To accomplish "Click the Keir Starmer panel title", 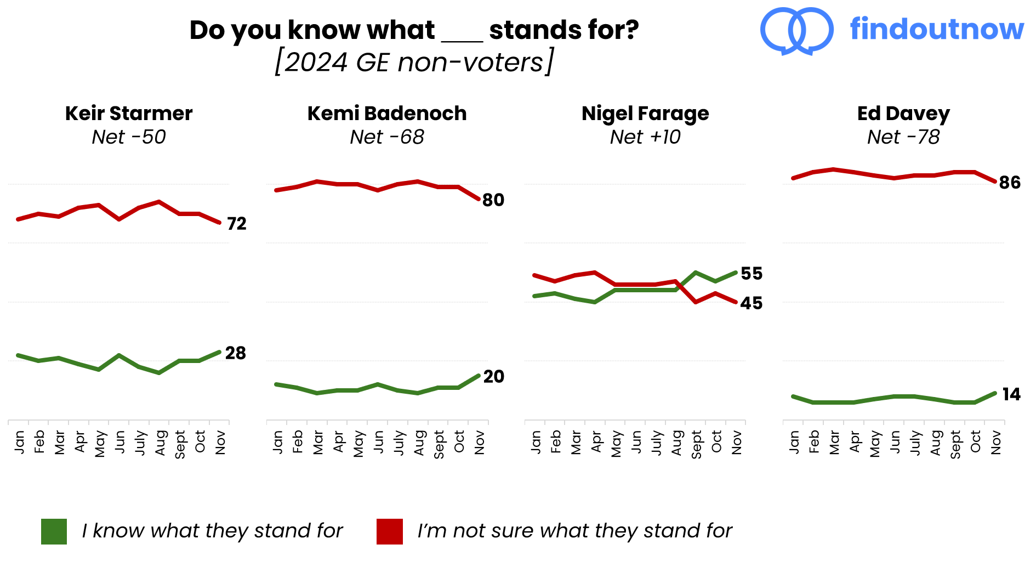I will click(x=129, y=114).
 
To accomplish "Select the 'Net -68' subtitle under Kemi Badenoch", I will click(x=387, y=137).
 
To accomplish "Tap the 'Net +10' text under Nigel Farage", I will click(x=645, y=137).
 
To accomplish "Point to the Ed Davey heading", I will click(x=903, y=114).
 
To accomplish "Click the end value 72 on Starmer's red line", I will click(x=237, y=224).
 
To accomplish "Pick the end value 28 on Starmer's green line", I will click(x=236, y=353).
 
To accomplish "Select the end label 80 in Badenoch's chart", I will click(x=493, y=200).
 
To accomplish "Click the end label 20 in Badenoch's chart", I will click(x=493, y=377).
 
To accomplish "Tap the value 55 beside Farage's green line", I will click(x=752, y=274).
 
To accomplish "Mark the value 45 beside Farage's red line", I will click(x=752, y=303).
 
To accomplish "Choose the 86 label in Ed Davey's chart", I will click(x=1010, y=183).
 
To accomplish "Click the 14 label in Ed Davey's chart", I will click(x=1011, y=394).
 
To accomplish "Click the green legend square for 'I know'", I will click(x=54, y=531).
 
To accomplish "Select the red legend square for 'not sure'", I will click(x=390, y=531).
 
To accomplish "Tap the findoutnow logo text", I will click(x=937, y=30).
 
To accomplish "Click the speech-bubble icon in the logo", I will click(x=797, y=31).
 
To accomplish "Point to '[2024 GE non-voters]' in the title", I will click(x=414, y=62).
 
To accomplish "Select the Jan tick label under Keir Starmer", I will click(x=20, y=442).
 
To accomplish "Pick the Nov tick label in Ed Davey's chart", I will click(x=996, y=443).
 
